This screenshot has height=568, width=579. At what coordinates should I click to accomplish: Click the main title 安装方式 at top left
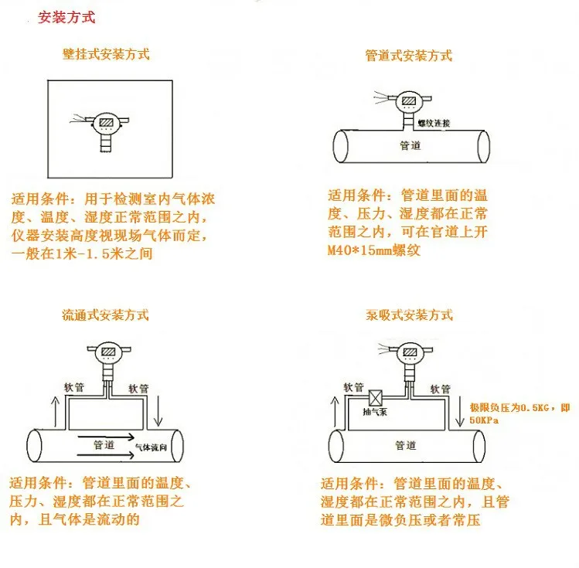pos(66,16)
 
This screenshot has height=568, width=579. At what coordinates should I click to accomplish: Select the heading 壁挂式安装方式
pos(106,55)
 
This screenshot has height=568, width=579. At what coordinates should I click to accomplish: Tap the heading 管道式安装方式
pos(408,56)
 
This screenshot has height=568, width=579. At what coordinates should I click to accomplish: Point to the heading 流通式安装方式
pos(105,315)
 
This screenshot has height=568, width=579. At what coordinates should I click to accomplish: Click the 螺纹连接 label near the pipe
pos(433,123)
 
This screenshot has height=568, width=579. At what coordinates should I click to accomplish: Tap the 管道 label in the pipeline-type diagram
pos(410,145)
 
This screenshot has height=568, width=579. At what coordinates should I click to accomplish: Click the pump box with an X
pos(376,399)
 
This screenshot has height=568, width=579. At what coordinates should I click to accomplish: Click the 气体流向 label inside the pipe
pos(151,447)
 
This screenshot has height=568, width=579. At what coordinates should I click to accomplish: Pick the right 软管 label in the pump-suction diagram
pos(439,389)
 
